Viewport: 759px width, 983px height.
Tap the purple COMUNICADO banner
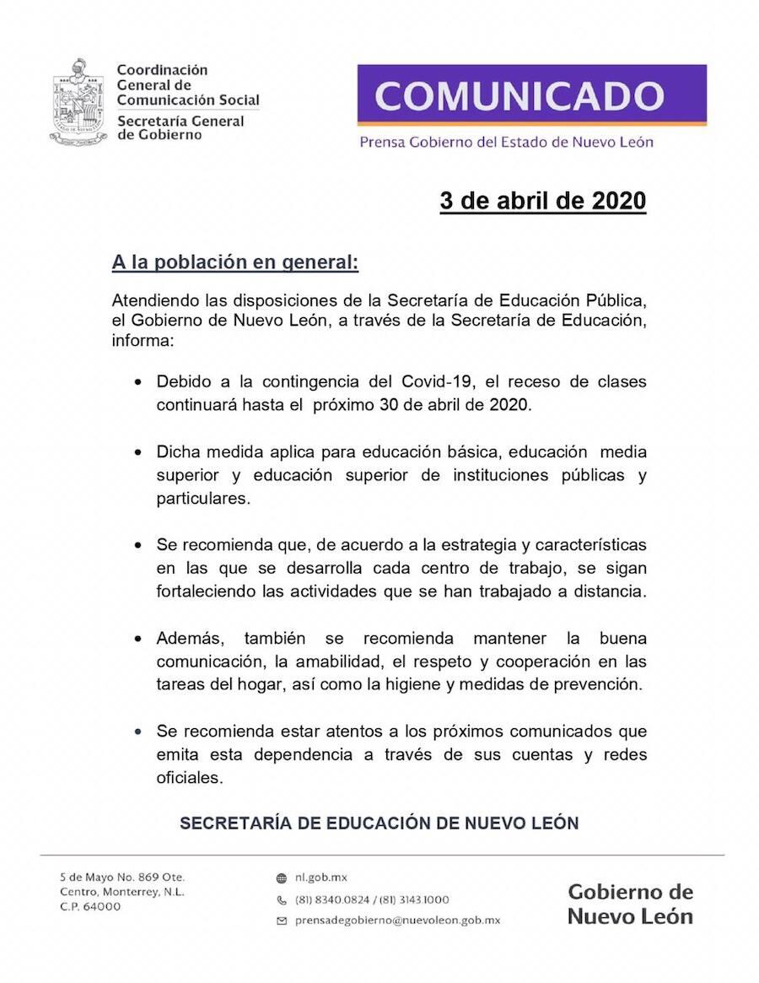click(531, 95)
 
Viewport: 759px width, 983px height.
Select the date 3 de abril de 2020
click(542, 201)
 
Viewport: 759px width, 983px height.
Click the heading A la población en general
click(235, 262)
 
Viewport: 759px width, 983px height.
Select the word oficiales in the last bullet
click(190, 778)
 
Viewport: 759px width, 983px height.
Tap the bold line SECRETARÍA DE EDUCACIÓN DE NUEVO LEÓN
click(379, 823)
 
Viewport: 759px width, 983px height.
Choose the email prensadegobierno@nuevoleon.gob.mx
click(397, 921)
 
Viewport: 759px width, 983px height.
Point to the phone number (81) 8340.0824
click(333, 899)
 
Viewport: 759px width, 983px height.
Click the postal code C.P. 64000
click(90, 906)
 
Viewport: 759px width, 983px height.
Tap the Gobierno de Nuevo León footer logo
click(630, 904)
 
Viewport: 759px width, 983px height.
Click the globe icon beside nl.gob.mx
click(282, 878)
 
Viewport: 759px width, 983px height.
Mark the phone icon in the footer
click(282, 899)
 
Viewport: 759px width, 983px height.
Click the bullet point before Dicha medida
click(138, 452)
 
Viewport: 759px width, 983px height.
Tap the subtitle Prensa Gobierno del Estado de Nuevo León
click(506, 142)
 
